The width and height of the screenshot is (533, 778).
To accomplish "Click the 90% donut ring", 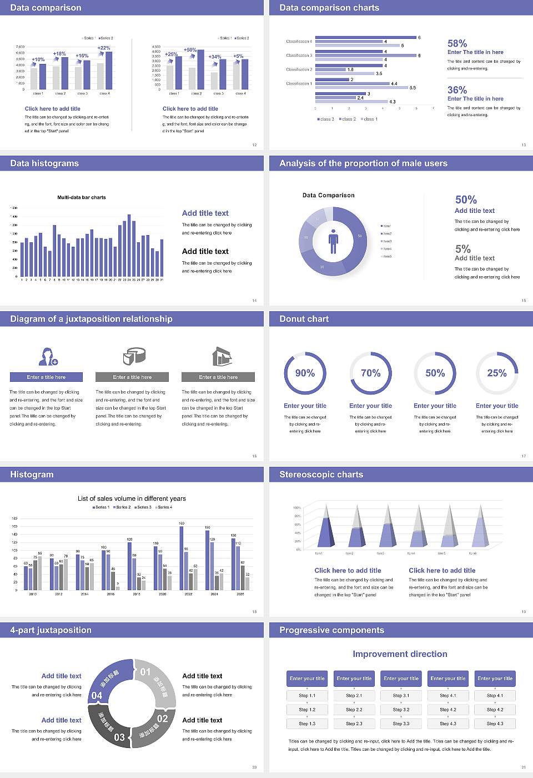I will tap(305, 373).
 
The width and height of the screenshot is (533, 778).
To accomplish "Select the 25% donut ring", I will tap(497, 373).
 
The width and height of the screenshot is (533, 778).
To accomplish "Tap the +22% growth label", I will tap(104, 48).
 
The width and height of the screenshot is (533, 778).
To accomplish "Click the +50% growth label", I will tap(190, 50).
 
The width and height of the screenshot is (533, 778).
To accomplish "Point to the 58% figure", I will tap(457, 43).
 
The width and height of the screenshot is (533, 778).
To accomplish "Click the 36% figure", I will tap(457, 90).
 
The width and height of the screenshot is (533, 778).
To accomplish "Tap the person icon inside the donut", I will tap(333, 241).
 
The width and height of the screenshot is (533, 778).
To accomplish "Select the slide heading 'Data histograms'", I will tap(44, 163).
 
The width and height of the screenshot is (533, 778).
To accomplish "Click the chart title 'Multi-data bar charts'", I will tap(82, 197).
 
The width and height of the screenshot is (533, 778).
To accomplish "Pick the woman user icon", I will tap(47, 356).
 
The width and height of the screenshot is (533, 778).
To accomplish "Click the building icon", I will tap(222, 356).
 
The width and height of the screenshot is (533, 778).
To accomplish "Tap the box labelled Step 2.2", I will tap(354, 710).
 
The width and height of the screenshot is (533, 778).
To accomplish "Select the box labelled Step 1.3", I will tap(307, 724).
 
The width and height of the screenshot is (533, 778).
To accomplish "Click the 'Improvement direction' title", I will tap(400, 654).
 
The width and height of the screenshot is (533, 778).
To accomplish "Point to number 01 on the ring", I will tap(145, 672).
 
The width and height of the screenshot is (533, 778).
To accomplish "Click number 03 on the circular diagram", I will tap(119, 737).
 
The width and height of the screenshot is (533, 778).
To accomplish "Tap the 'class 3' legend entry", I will tap(326, 119).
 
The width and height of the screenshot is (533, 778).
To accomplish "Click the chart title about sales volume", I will tap(132, 498).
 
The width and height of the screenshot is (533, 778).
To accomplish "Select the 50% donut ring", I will tap(435, 373).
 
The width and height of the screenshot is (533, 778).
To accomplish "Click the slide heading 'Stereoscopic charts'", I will tap(321, 475).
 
